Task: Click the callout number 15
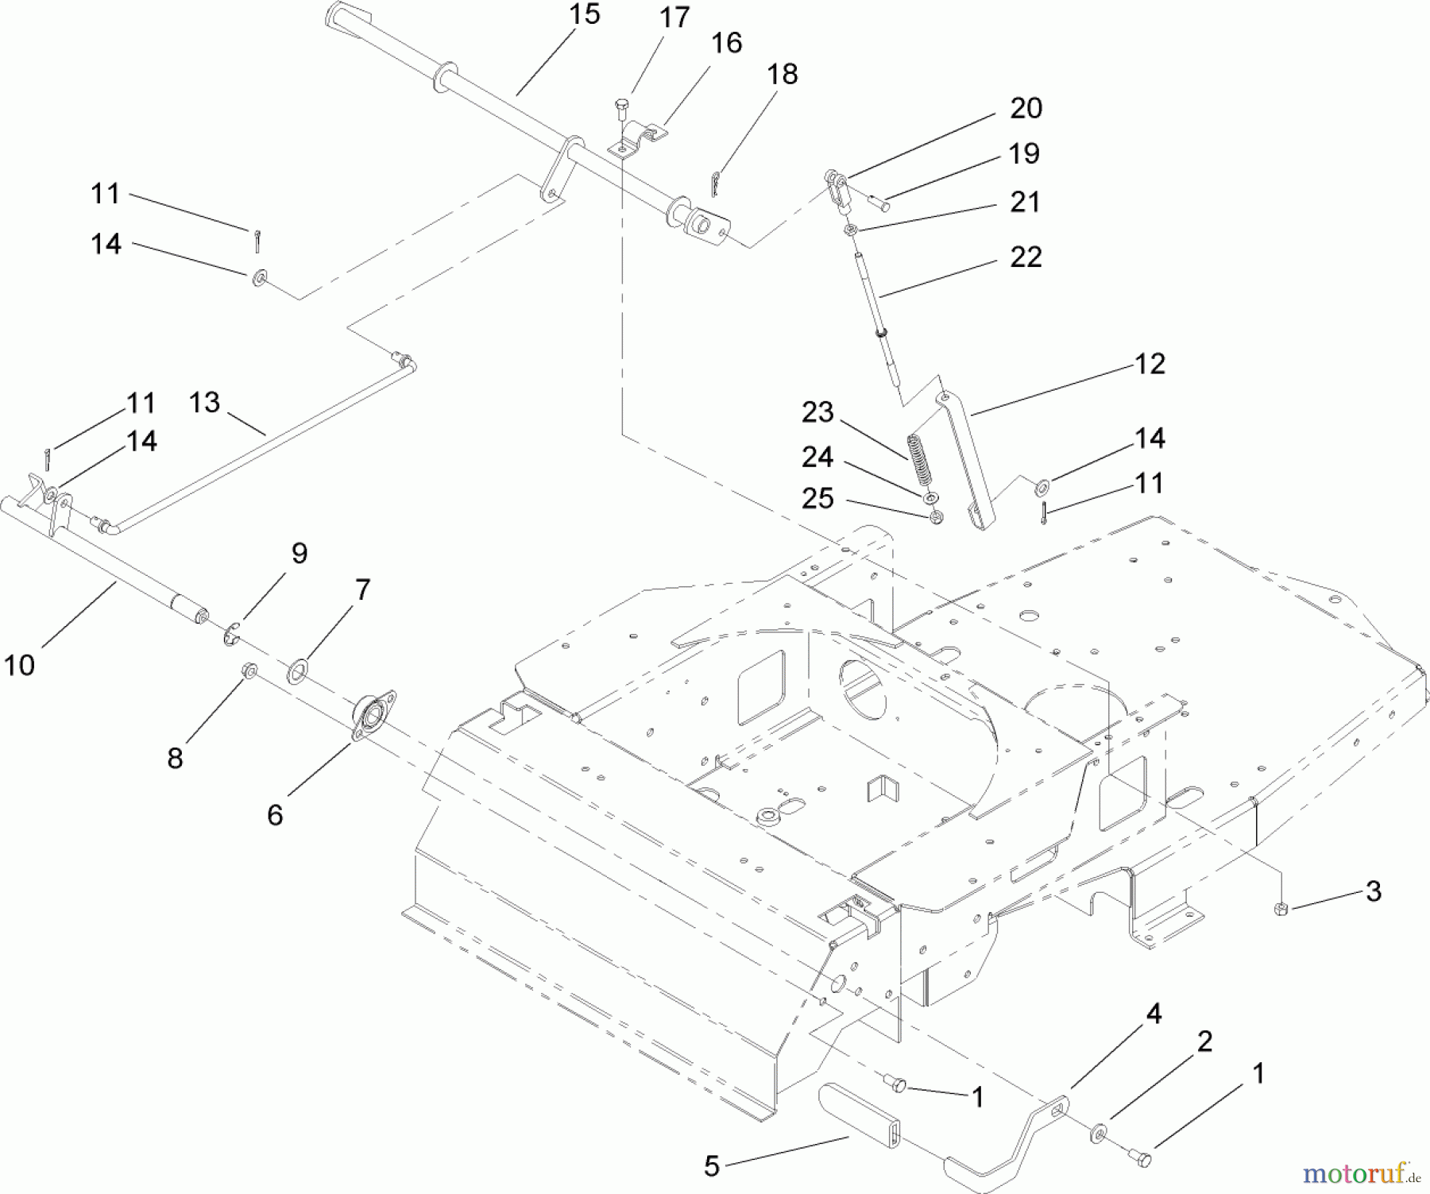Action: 585,15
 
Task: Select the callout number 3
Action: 1373,891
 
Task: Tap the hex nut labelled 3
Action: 1280,908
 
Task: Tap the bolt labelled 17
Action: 621,106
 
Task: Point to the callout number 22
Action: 1025,257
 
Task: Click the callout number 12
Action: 1150,364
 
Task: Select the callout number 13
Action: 204,403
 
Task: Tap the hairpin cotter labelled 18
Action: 715,184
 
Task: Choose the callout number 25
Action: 817,499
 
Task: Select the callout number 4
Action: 1154,1014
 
